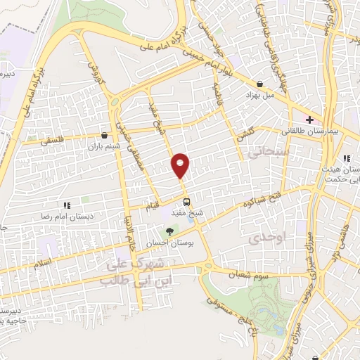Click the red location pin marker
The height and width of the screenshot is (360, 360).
(181, 165)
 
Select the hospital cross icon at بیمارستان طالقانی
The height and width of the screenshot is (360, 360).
(308, 120)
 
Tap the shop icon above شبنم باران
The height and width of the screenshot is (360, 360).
(105, 136)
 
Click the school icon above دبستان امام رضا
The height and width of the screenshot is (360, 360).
(67, 205)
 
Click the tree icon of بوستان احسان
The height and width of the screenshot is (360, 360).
(168, 231)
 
